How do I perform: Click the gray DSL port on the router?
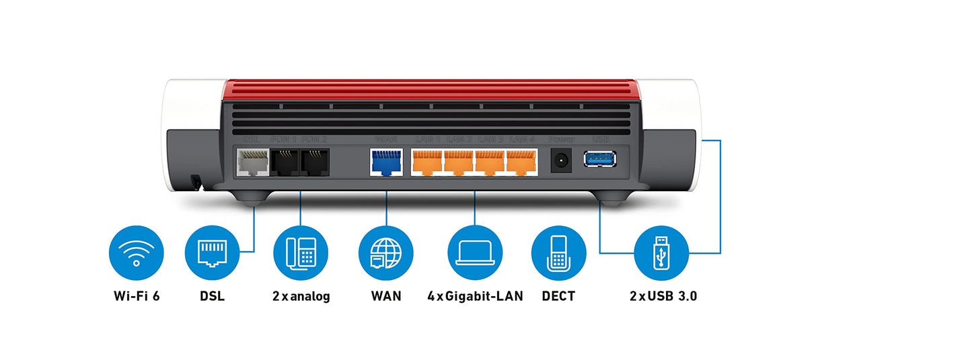pos(252,162)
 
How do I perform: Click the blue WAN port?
pos(385,162)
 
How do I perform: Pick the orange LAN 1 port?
pos(426,162)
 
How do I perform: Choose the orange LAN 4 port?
pos(521,162)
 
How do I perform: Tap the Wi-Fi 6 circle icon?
pos(136,253)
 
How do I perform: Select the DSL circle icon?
pos(212,253)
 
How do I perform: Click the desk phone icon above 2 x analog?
pos(301,253)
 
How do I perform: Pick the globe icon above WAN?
pos(386,253)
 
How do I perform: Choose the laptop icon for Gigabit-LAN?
pos(475,253)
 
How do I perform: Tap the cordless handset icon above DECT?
pos(558,253)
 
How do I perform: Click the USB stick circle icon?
pos(662,253)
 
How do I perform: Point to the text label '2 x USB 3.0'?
pos(663,296)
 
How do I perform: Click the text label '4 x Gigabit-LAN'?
pos(475,296)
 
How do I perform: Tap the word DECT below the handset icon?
pos(558,296)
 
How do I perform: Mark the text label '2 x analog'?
pos(301,296)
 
